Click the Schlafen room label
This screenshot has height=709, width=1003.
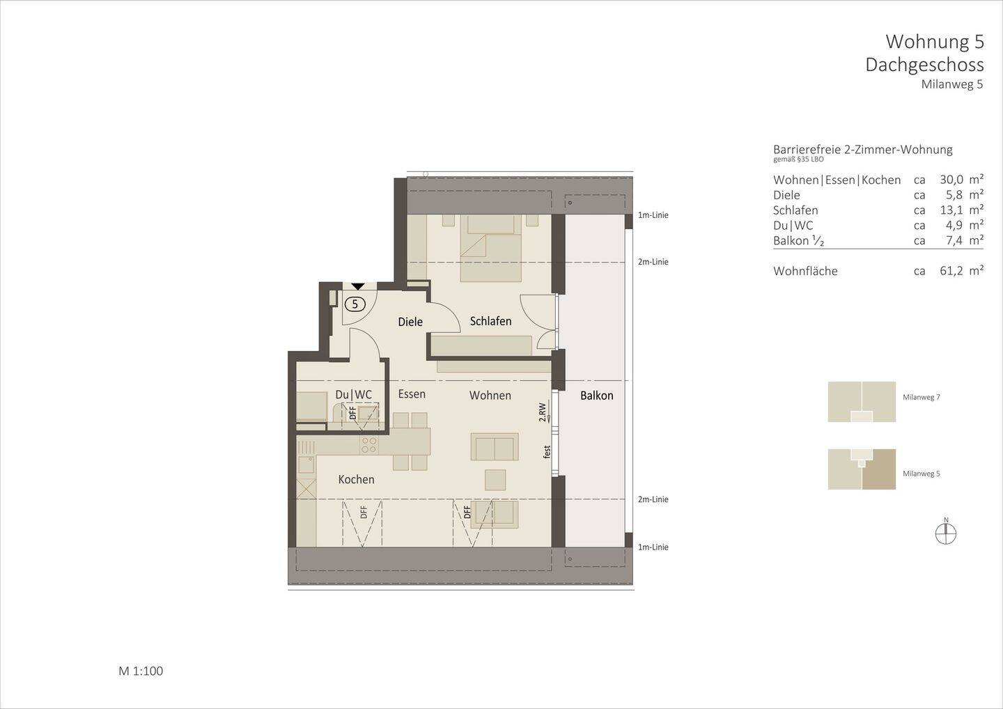(x=490, y=321)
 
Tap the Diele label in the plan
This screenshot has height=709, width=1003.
(x=410, y=322)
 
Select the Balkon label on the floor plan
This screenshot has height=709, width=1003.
(x=597, y=396)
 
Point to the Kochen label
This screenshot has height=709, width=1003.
(x=356, y=479)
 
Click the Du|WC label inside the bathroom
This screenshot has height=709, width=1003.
(x=353, y=395)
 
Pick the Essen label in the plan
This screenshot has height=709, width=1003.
(x=412, y=394)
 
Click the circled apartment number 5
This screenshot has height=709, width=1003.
(x=355, y=304)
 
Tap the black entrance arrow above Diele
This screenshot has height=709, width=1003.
(x=357, y=286)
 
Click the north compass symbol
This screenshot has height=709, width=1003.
(x=946, y=533)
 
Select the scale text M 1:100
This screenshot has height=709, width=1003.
(x=141, y=671)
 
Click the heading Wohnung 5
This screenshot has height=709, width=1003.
(x=934, y=42)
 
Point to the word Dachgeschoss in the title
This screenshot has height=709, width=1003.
(x=924, y=65)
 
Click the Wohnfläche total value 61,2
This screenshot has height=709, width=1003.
(x=951, y=271)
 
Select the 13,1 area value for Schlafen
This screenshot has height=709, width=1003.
(x=951, y=210)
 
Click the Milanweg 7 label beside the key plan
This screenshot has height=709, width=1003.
(x=921, y=397)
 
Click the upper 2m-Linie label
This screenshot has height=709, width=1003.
(x=653, y=262)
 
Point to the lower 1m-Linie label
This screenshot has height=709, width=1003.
(x=653, y=547)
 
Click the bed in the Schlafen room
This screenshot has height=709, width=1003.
(x=490, y=248)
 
